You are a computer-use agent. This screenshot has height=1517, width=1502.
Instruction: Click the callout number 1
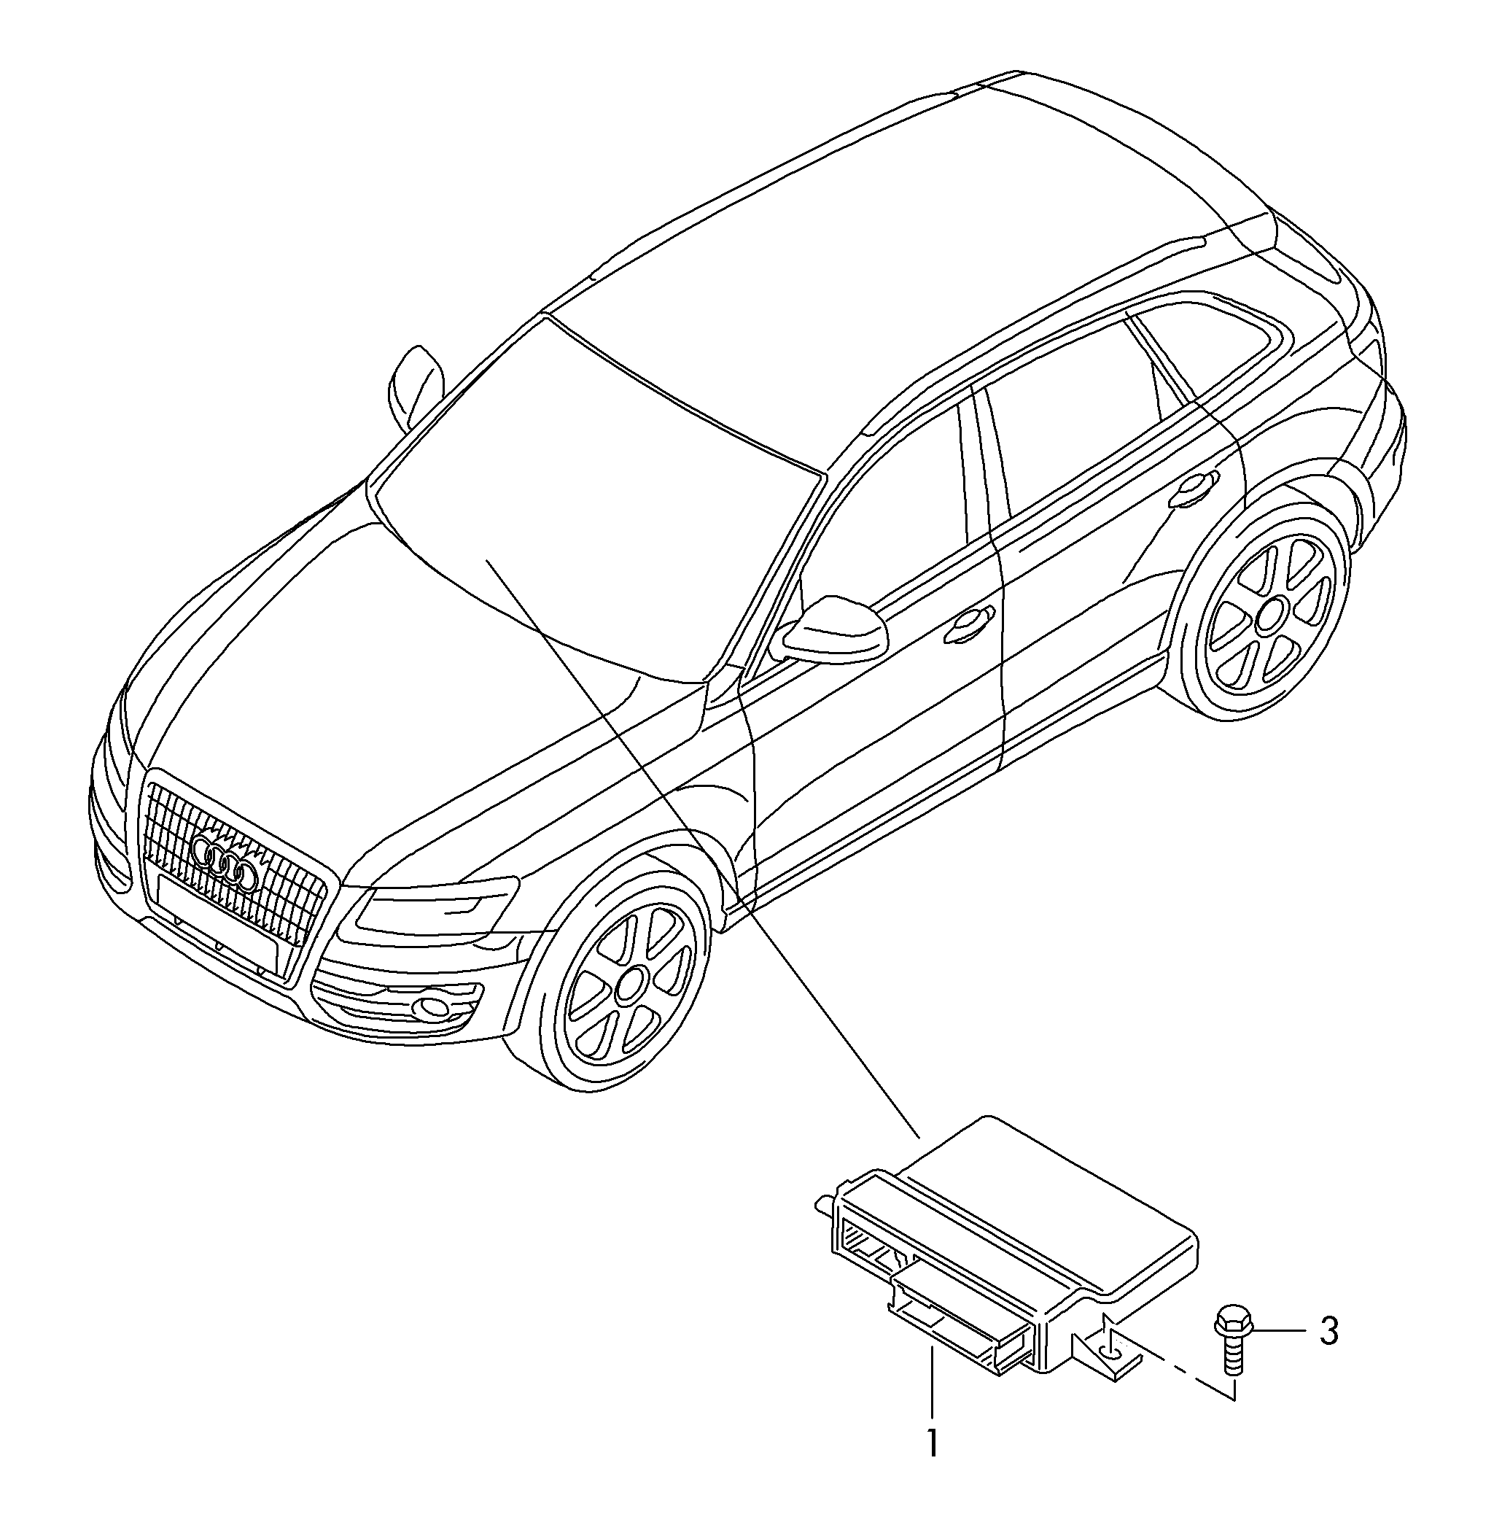(x=931, y=1443)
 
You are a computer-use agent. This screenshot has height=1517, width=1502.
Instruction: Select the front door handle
(x=971, y=622)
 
